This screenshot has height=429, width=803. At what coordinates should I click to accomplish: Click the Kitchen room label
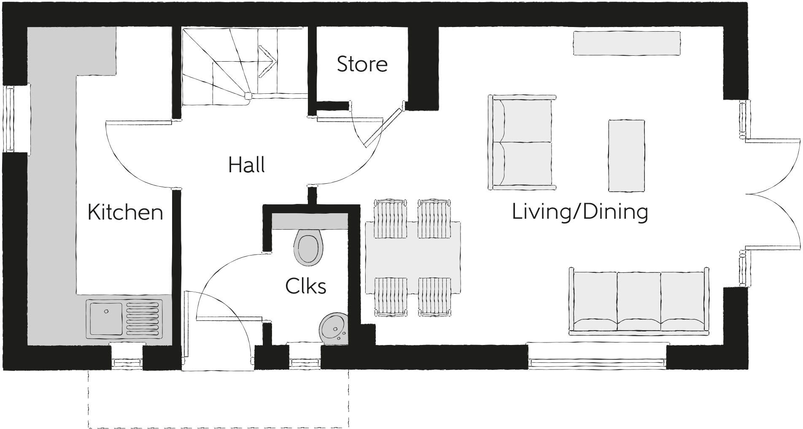[x=125, y=212]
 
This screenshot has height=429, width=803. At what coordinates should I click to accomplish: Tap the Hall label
[x=246, y=165]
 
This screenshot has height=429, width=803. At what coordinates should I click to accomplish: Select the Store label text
[x=362, y=64]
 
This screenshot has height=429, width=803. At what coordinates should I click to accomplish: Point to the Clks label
[x=305, y=286]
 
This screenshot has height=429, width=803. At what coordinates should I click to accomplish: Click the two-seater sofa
[x=522, y=142]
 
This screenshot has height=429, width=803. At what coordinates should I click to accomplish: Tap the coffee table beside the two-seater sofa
[x=626, y=155]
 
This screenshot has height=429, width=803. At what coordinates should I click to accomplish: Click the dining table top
[x=412, y=258]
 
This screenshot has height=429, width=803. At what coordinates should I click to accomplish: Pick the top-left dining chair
[x=391, y=219]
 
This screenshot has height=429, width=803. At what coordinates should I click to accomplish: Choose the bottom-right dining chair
[x=434, y=296]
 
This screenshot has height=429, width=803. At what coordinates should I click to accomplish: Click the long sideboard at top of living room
[x=626, y=43]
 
